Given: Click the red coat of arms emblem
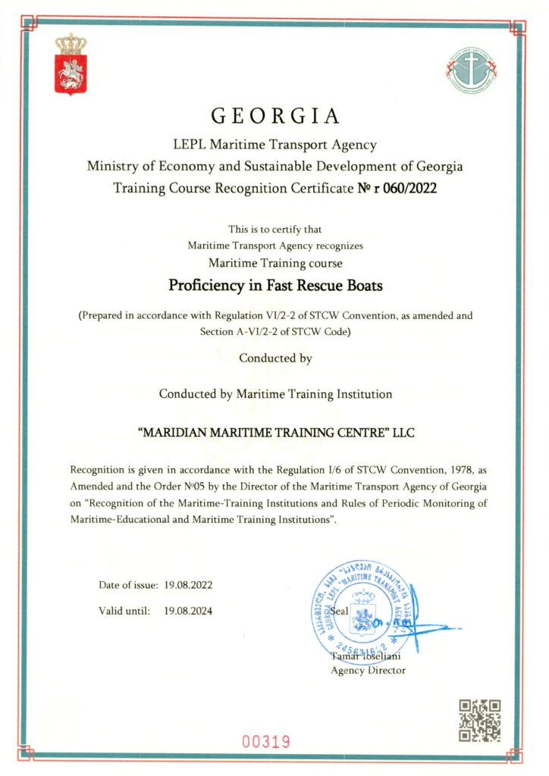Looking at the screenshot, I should (x=71, y=64).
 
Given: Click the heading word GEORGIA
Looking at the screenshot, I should (x=274, y=116).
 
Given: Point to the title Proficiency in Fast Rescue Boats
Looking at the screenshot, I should (x=274, y=286).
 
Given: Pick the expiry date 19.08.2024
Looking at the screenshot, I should (x=188, y=610).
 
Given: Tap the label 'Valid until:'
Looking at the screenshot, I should (x=124, y=610).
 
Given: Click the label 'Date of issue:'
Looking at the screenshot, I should (x=127, y=585).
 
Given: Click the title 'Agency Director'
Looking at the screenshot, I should (x=369, y=670).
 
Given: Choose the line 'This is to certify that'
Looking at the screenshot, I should (x=274, y=229).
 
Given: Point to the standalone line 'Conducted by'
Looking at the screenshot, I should (x=275, y=358).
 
